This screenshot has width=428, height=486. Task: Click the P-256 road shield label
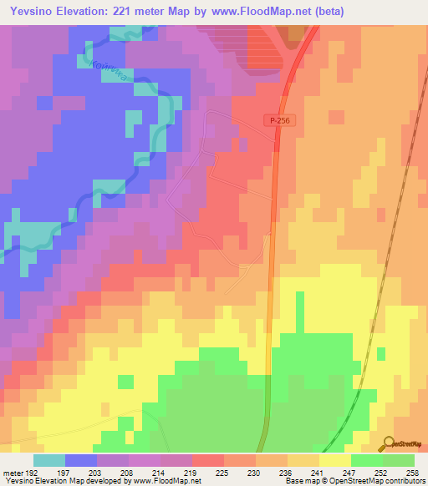pyautogui.click(x=283, y=121)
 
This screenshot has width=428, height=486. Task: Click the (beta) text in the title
pyautogui.click(x=322, y=12)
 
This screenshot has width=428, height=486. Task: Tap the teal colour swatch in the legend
pyautogui.click(x=49, y=460)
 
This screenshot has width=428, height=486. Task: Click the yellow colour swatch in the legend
pyautogui.click(x=334, y=460)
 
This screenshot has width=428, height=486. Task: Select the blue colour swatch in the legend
pyautogui.click(x=81, y=460)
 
